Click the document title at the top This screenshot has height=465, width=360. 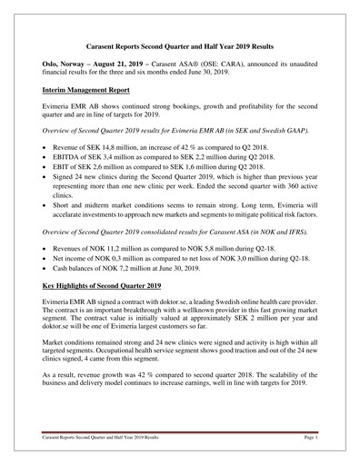[x=180, y=45]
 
